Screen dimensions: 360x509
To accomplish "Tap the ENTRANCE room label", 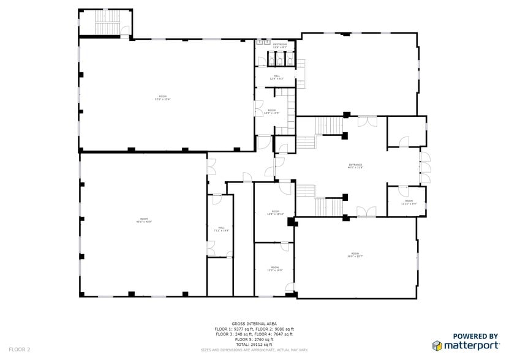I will coord(355,165).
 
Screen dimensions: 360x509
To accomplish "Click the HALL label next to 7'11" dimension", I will coord(221,229).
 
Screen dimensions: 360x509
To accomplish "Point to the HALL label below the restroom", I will coord(277,77).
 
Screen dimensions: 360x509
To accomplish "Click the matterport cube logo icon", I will coord(437,346).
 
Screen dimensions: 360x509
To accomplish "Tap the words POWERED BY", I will coord(475,336).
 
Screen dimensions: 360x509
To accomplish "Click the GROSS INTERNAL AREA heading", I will coord(254,323).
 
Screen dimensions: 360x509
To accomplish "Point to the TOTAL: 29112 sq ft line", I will coord(254,344).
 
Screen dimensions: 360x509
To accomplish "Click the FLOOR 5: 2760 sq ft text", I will coord(254,339).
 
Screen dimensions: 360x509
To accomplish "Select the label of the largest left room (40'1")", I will coord(144,220).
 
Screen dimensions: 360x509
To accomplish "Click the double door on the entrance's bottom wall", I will coord(366,212).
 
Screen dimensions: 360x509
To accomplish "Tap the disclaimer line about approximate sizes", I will coord(254,350).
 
